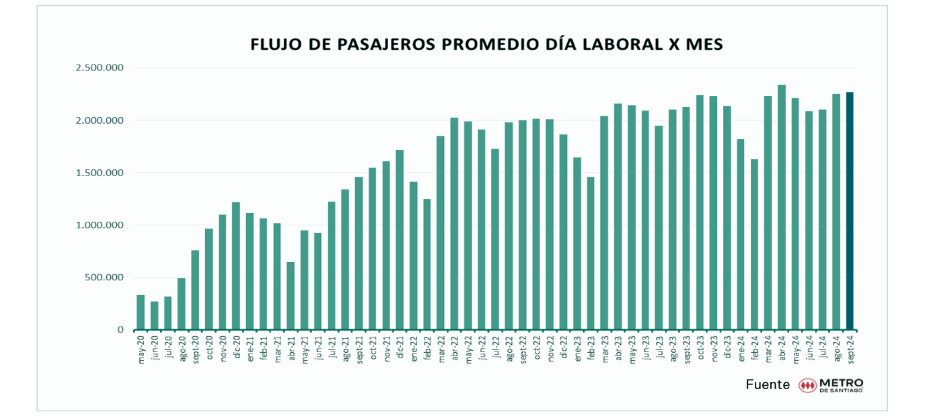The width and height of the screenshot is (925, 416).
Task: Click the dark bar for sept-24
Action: tap(850, 211)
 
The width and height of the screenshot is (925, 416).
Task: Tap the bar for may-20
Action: tap(141, 313)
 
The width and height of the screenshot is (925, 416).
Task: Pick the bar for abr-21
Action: tap(291, 296)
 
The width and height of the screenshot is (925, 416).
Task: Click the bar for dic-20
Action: tap(236, 266)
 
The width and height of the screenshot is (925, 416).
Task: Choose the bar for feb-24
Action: tap(754, 245)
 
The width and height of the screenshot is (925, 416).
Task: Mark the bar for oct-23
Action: tap(700, 212)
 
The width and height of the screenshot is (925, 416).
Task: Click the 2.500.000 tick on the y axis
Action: tap(100, 68)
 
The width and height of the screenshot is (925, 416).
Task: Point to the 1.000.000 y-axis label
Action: tap(100, 225)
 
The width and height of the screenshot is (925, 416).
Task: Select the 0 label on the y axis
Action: tap(120, 330)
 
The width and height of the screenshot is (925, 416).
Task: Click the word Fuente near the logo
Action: tap(768, 385)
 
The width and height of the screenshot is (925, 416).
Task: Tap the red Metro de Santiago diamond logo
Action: tap(807, 386)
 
